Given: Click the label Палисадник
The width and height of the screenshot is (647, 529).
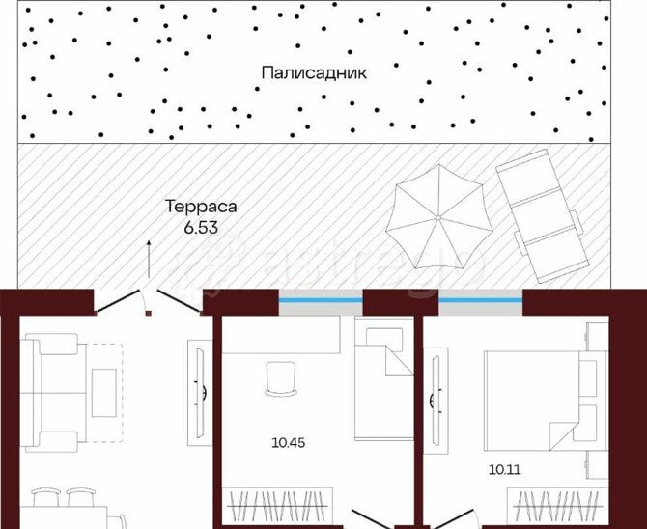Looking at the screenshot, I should click(315, 72).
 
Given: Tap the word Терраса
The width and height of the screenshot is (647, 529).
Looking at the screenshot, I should click(201, 208).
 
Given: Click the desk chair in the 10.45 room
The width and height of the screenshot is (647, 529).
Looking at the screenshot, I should click(278, 377).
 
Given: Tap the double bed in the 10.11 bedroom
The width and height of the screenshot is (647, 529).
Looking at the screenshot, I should click(535, 396).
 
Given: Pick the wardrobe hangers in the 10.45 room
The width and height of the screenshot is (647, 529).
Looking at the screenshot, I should click(279, 505).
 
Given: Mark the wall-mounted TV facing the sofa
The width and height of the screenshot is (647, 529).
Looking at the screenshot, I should click(197, 392).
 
